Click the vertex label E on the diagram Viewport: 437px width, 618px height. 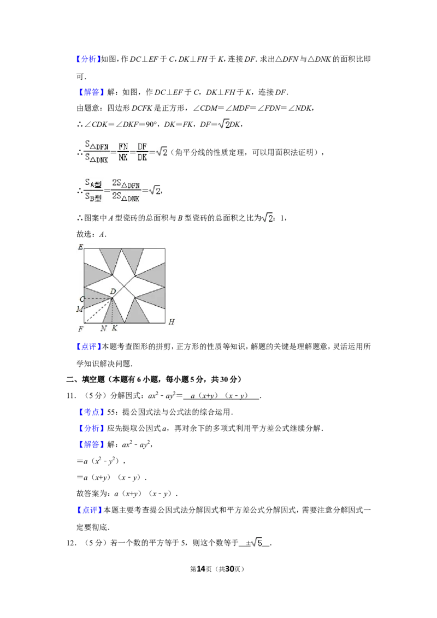tap(80, 247)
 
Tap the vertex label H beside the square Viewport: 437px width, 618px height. tap(171, 322)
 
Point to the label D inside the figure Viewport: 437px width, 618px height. tap(113, 292)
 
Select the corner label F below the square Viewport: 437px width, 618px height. tap(81, 329)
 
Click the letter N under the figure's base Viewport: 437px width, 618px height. tap(104, 328)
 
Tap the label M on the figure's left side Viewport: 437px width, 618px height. tap(80, 310)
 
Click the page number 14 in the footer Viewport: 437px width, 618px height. tap(201, 569)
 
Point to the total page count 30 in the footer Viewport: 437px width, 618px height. tap(229, 569)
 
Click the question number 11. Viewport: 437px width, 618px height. tap(70, 396)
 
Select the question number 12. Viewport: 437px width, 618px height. tap(70, 543)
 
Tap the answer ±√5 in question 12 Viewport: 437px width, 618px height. tap(255, 543)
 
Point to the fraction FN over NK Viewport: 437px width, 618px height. tap(123, 152)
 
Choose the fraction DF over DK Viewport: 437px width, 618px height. tap(143, 152)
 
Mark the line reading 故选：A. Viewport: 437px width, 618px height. tap(92, 234)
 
